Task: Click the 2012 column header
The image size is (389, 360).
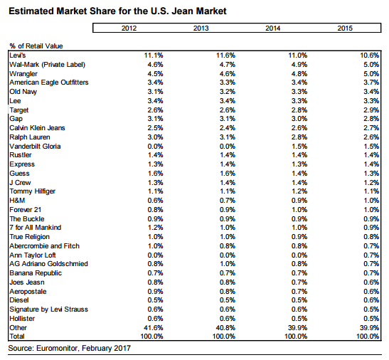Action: coord(129,28)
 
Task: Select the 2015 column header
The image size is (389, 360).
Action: coord(345,28)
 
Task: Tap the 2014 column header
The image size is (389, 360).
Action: coord(273,28)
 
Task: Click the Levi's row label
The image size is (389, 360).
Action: coord(18,55)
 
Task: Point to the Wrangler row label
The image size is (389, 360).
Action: coord(23,74)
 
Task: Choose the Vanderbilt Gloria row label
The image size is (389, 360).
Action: coord(35,147)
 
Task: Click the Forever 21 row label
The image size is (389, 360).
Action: coord(26,210)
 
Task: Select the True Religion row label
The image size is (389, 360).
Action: coord(30,237)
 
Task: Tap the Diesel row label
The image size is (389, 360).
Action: coord(19,300)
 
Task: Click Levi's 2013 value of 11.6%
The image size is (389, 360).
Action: coord(225,55)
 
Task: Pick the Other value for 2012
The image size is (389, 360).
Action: coord(154,328)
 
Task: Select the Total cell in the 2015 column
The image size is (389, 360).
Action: coord(368,337)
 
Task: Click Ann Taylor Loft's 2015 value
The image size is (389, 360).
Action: coord(371,255)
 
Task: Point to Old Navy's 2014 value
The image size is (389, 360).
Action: coord(299,92)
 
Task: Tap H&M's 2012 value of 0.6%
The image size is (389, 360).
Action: coord(156,201)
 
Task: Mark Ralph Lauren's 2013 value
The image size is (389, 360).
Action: coord(228,137)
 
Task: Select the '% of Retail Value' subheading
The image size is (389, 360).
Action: coord(36,46)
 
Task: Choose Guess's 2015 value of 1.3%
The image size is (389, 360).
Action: coord(371,174)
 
